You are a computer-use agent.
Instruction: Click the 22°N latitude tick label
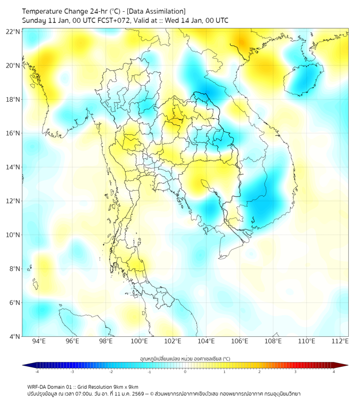(13, 32)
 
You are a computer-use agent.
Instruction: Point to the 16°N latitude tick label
(13, 133)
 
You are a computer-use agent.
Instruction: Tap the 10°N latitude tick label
(13, 235)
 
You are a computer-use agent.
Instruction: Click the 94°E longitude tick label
(39, 342)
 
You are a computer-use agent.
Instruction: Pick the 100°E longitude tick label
(140, 342)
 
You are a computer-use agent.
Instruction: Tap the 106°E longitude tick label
(240, 342)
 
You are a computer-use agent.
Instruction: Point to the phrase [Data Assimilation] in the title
(159, 11)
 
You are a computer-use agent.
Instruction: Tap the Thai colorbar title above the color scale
(185, 359)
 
